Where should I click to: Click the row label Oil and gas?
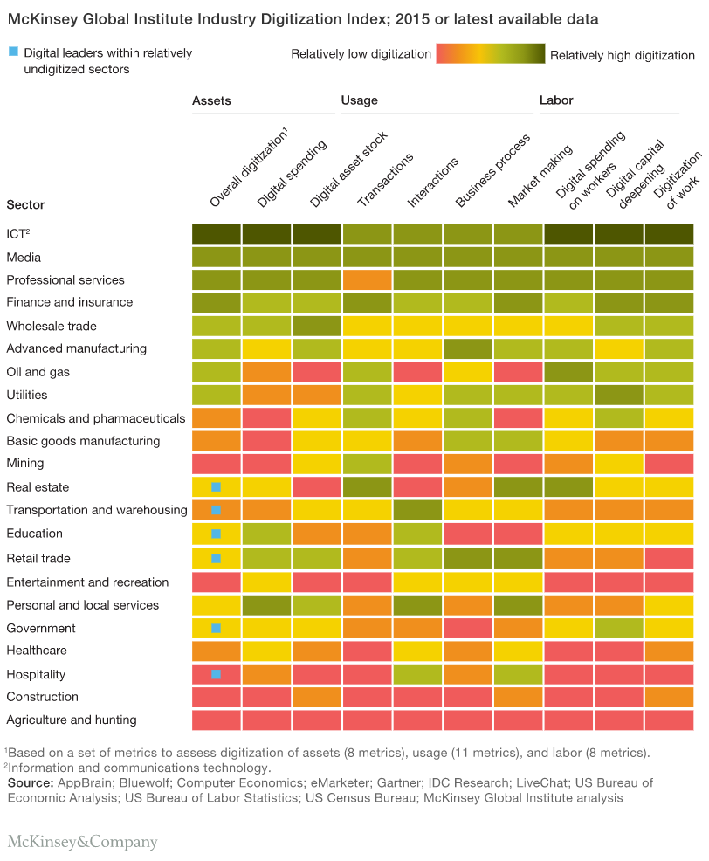coord(36,372)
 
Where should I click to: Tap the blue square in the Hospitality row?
coord(217,674)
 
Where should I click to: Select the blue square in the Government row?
coord(217,628)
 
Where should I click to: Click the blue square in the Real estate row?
coord(217,486)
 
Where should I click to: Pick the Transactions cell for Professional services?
coord(367,279)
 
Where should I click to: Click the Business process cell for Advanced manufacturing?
coord(467,348)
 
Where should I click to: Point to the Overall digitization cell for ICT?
coord(217,234)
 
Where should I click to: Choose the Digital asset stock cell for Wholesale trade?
coord(317,326)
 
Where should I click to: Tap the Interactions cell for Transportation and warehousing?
coord(417,510)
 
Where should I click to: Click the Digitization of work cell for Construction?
coord(670,697)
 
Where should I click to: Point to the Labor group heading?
coord(556,100)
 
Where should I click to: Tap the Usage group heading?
coord(359,100)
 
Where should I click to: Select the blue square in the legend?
coord(12,53)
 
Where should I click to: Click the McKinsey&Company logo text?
coord(83,842)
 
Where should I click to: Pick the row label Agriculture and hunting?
coord(72,720)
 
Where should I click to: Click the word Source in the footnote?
coord(30,782)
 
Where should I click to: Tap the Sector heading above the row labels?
coord(25,205)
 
